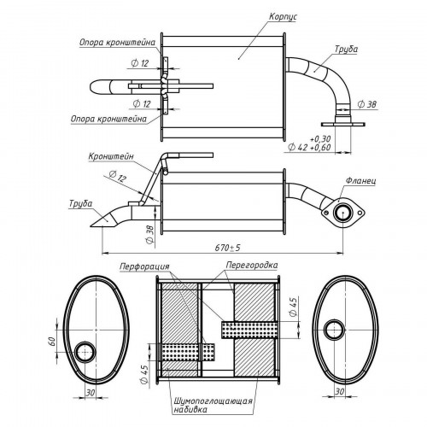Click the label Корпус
click(283, 17)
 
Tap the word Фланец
click(360, 181)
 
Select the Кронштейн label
click(111, 156)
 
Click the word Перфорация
click(144, 266)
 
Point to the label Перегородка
click(252, 266)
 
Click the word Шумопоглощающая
click(213, 401)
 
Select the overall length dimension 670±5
click(227, 248)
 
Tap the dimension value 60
click(51, 342)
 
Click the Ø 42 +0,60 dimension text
click(309, 147)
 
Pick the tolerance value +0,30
click(320, 139)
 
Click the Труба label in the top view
click(346, 50)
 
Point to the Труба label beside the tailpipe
click(81, 204)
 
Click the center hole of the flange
click(343, 213)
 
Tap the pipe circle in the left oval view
click(85, 352)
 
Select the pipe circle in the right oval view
click(334, 330)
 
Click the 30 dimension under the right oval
click(339, 392)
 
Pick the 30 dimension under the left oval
click(91, 393)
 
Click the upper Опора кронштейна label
click(117, 43)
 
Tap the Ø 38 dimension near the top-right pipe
click(367, 104)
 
